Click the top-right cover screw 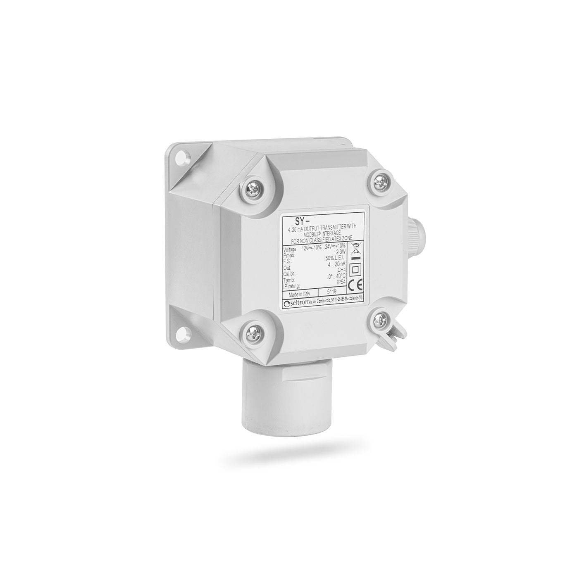click(x=379, y=180)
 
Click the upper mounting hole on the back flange click(x=181, y=157)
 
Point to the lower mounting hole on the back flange click(x=182, y=330)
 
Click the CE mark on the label click(x=355, y=285)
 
